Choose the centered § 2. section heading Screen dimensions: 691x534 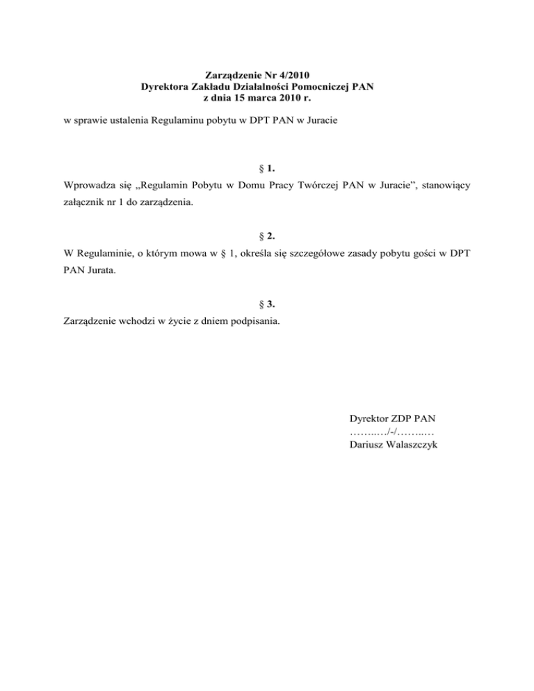(x=267, y=235)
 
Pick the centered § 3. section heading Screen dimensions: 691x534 (x=267, y=303)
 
